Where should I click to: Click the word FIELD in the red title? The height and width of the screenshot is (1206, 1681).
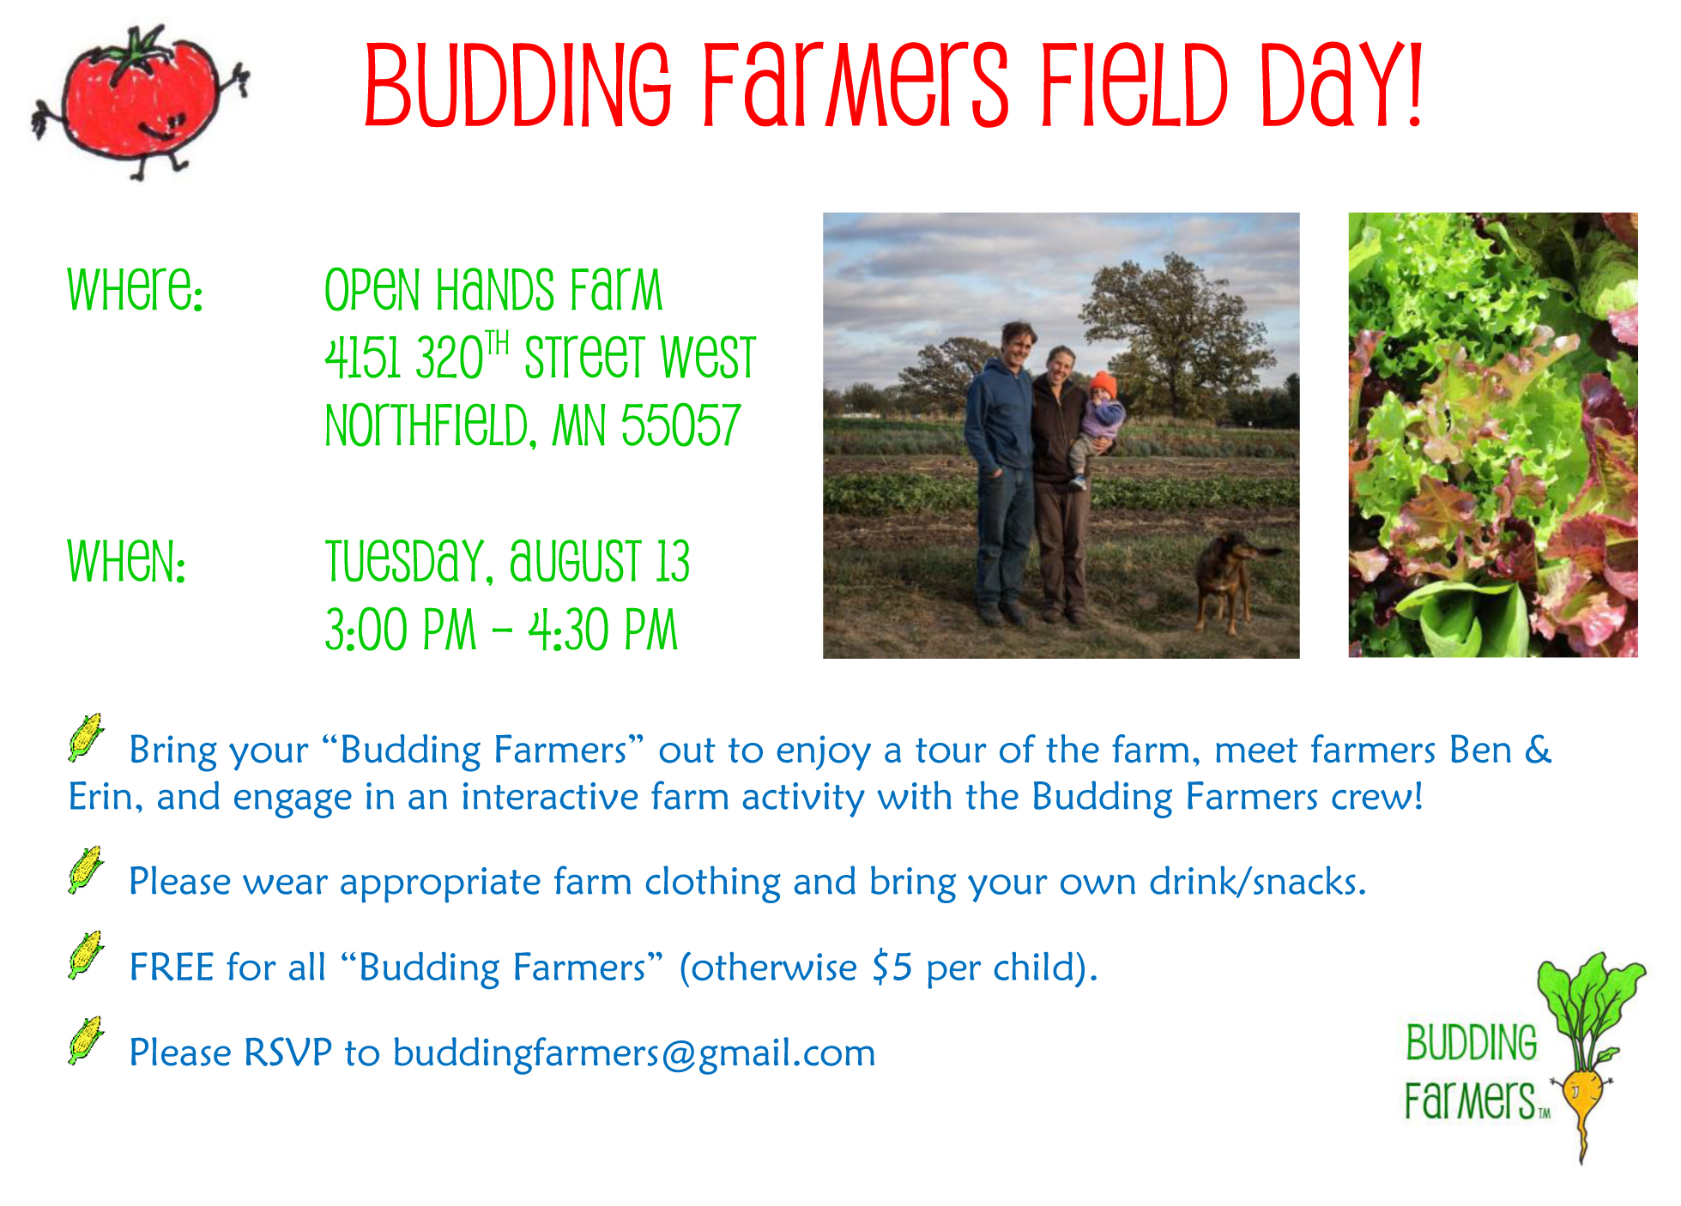pos(1135,85)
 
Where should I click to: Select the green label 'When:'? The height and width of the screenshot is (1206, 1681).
pos(127,561)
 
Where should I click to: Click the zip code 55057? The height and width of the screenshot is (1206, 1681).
pos(680,425)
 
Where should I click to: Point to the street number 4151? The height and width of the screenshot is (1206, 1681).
pos(363,357)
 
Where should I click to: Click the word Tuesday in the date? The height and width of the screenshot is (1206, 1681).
pos(408,563)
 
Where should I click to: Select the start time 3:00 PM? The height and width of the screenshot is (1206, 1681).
pos(400,630)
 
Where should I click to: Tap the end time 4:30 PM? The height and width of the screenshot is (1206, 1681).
pos(603,630)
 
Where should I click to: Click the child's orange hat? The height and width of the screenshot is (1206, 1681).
pos(1103,384)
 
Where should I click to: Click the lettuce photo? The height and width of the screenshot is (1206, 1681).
pos(1493,435)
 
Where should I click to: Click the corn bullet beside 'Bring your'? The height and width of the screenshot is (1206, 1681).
pos(86,737)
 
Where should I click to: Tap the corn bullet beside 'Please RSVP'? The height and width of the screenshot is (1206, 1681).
pos(86,1040)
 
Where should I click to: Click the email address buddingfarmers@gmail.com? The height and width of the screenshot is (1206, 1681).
pos(634,1053)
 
